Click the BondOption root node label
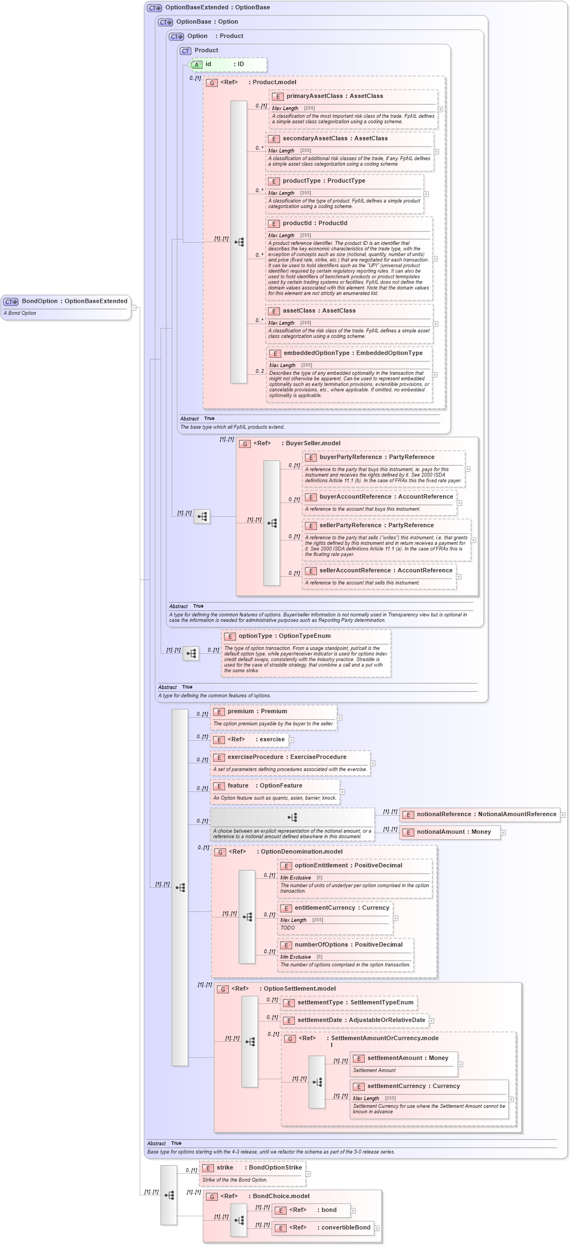[74, 301]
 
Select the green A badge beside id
[196, 64]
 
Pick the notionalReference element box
[480, 814]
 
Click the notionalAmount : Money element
[450, 832]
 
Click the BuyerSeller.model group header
[313, 443]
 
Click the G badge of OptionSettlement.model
[223, 989]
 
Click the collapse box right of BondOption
[133, 308]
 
